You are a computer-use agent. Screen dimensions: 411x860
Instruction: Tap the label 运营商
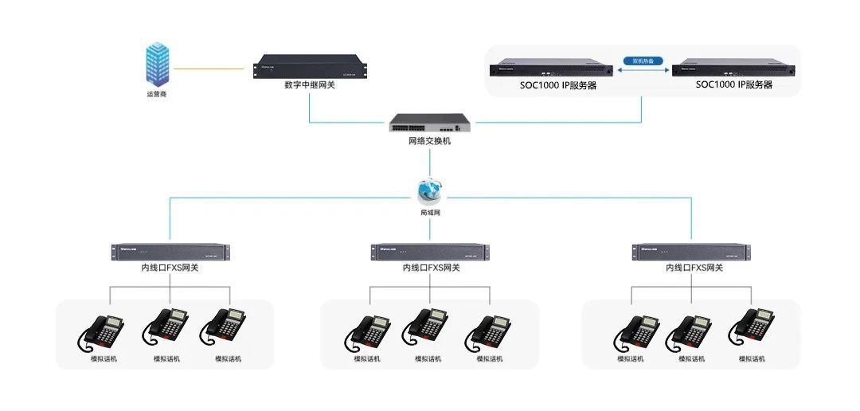coord(157,95)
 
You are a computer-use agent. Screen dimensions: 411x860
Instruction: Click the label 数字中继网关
coord(310,84)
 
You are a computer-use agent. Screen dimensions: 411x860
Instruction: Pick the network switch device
coord(429,123)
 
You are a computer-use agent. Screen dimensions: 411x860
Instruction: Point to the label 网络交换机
coord(429,141)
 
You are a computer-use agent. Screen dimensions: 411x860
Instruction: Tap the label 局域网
coord(430,213)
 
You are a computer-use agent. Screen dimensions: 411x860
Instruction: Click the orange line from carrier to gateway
coord(209,68)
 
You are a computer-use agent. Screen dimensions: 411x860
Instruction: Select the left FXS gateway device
coord(170,252)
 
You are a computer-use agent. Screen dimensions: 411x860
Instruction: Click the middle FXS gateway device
coord(430,252)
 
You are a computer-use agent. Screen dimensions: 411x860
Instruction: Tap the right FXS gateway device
coord(691,252)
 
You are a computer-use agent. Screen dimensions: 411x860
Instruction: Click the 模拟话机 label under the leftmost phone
coord(104,359)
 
